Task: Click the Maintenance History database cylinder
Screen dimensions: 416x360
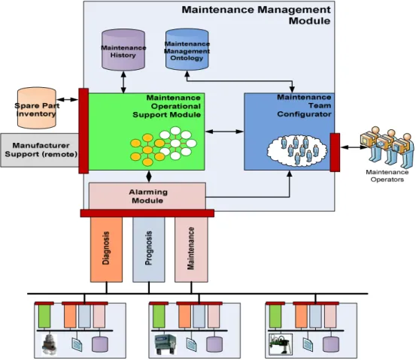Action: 123,50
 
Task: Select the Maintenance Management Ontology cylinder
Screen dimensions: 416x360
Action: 187,50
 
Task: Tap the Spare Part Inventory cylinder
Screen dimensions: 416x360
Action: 37,108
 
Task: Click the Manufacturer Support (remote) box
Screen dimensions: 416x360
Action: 40,150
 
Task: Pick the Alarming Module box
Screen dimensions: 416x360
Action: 147,196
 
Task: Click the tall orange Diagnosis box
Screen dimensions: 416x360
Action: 106,250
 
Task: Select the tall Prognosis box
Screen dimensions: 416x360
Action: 149,250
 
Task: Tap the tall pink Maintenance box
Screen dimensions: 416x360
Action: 191,250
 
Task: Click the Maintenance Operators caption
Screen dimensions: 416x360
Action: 387,176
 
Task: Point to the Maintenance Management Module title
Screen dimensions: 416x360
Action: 257,15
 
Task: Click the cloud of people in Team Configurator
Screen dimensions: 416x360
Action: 297,150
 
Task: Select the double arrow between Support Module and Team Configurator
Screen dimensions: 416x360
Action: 224,132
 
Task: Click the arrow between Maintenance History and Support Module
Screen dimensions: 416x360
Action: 123,82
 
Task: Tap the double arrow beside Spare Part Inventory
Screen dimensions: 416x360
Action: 68,100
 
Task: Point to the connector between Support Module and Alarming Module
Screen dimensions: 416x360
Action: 149,177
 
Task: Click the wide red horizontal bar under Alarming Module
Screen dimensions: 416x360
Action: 147,213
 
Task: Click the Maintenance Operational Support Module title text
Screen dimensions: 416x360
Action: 166,106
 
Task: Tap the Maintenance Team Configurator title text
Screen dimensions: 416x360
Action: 304,106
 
